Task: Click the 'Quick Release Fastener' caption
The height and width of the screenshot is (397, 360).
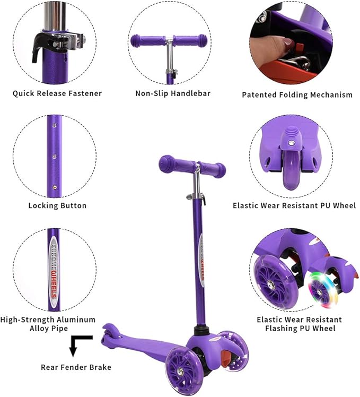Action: coord(57,93)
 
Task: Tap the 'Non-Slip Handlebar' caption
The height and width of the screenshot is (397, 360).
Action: coord(173,93)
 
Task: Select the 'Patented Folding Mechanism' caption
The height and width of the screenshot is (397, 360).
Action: coord(297,95)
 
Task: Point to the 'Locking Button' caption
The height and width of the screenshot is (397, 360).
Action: coord(57,205)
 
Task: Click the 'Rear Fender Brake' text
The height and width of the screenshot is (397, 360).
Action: coord(76,367)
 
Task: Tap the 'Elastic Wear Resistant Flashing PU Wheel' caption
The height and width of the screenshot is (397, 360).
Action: coord(299,324)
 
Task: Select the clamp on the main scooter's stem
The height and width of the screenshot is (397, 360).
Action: coord(196,195)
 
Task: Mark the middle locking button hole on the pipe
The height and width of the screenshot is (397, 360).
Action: coord(54,157)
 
